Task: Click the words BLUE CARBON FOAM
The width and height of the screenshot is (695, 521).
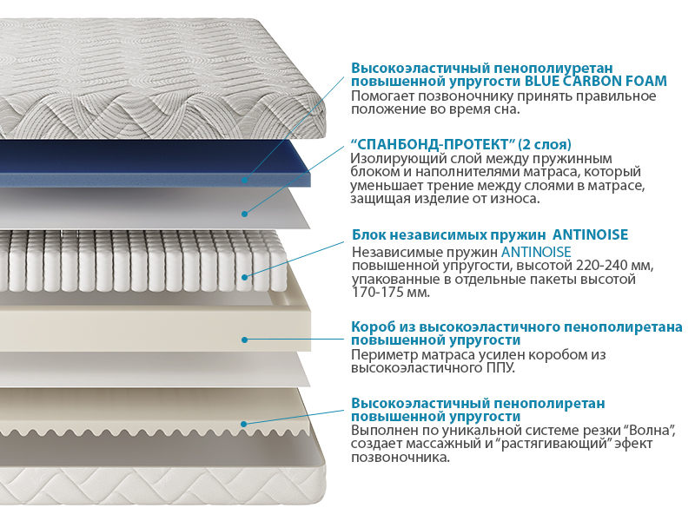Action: coord(596,82)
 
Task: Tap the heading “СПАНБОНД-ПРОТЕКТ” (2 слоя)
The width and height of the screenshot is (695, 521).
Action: coord(461,144)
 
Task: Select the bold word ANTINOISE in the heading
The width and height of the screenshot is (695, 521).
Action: coord(591,234)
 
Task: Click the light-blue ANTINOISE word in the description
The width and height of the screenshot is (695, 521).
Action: coord(536,252)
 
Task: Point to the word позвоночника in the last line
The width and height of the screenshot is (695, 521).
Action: coord(400,458)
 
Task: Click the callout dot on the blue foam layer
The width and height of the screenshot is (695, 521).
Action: coord(245,181)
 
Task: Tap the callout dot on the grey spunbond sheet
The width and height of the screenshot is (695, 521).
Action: coord(244,214)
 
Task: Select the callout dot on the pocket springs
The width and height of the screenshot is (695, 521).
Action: coord(245,277)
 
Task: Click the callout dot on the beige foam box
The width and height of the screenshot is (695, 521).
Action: coord(244,340)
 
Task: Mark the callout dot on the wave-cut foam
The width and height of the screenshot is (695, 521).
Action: coord(244,424)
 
